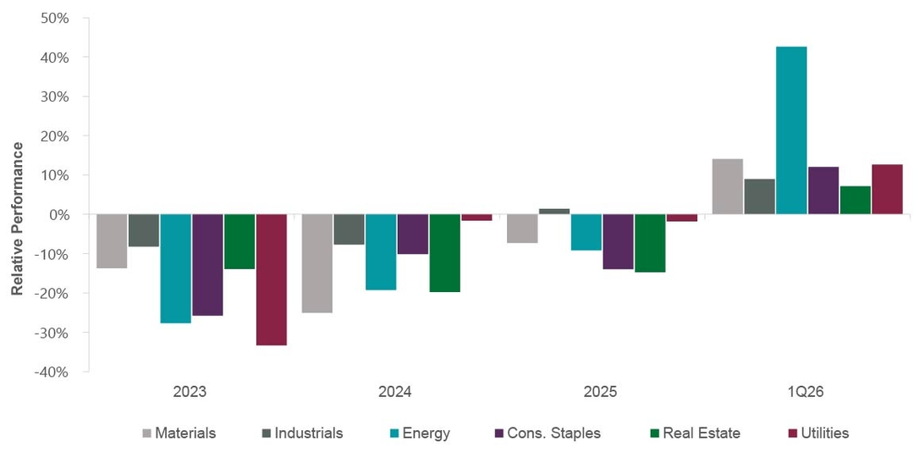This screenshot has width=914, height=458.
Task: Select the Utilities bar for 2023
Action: pyautogui.click(x=271, y=279)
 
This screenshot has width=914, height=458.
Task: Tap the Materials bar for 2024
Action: pyautogui.click(x=317, y=263)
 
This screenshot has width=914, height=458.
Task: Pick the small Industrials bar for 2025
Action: pyautogui.click(x=554, y=211)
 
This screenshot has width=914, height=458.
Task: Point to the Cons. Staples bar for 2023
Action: pyautogui.click(x=207, y=265)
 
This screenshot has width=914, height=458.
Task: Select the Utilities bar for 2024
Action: pyautogui.click(x=476, y=218)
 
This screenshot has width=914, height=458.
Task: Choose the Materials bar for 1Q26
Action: pyautogui.click(x=727, y=186)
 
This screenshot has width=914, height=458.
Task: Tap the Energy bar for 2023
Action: pyautogui.click(x=175, y=268)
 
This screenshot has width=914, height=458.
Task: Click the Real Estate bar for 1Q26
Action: pyautogui.click(x=855, y=200)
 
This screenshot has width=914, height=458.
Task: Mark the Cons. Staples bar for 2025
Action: pyautogui.click(x=618, y=241)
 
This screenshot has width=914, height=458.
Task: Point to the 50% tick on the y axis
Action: pyautogui.click(x=55, y=19)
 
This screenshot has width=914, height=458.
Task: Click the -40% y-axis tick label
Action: pyautogui.click(x=52, y=372)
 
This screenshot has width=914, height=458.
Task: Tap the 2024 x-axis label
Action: pyautogui.click(x=395, y=393)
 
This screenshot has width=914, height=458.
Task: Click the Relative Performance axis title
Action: pyautogui.click(x=17, y=218)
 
